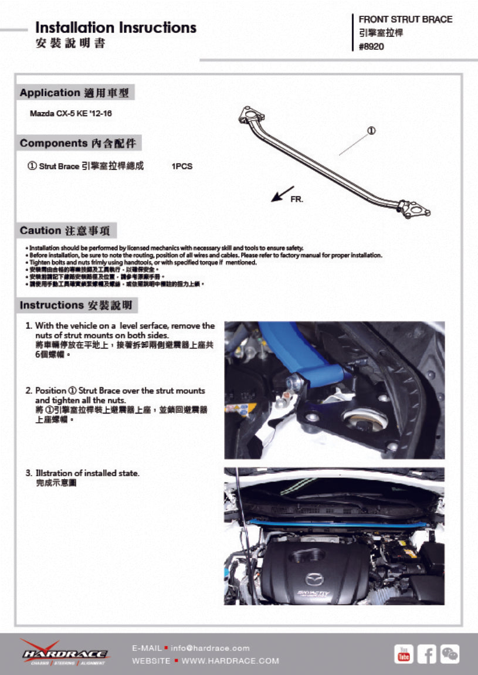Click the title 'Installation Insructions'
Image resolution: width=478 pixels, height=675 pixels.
click(x=116, y=28)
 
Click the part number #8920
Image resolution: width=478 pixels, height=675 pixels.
click(x=371, y=47)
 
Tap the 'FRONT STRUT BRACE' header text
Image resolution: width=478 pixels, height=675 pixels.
click(x=405, y=19)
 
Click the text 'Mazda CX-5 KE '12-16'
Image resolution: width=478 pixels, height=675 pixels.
click(x=70, y=113)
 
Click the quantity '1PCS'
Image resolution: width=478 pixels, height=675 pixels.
click(x=182, y=167)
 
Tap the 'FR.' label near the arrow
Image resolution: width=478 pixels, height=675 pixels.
click(x=297, y=199)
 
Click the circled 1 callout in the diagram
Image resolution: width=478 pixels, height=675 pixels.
click(x=371, y=130)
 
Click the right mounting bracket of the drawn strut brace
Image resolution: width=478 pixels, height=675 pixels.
click(x=415, y=209)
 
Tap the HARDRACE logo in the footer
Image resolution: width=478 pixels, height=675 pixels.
click(x=64, y=653)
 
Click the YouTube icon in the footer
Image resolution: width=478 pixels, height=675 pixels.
click(x=404, y=653)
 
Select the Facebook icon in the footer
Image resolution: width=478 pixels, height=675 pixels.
click(x=426, y=653)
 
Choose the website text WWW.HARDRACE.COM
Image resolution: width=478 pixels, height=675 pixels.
click(x=230, y=661)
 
